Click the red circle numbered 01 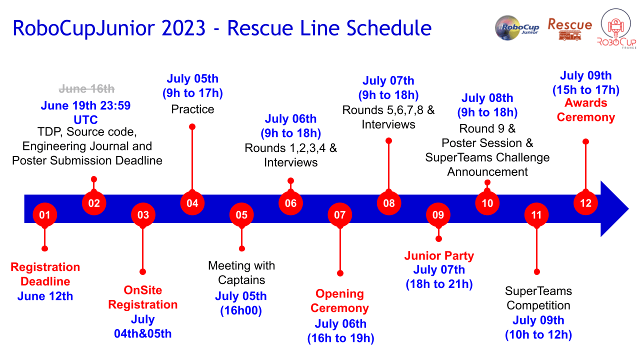click(x=45, y=215)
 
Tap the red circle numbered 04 click(x=192, y=203)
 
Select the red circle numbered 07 click(x=339, y=215)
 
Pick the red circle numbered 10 click(x=487, y=203)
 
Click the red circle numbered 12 click(x=585, y=203)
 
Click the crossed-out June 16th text click(x=86, y=89)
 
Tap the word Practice click(x=192, y=109)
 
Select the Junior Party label click(x=439, y=255)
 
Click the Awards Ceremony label click(x=585, y=110)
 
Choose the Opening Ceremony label click(x=339, y=301)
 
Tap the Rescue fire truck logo click(x=569, y=29)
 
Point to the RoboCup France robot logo click(x=616, y=29)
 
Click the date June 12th click(x=45, y=296)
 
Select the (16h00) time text click(x=241, y=310)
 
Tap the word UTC click(x=85, y=119)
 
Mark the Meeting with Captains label click(x=241, y=273)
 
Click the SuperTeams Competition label click(x=538, y=298)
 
